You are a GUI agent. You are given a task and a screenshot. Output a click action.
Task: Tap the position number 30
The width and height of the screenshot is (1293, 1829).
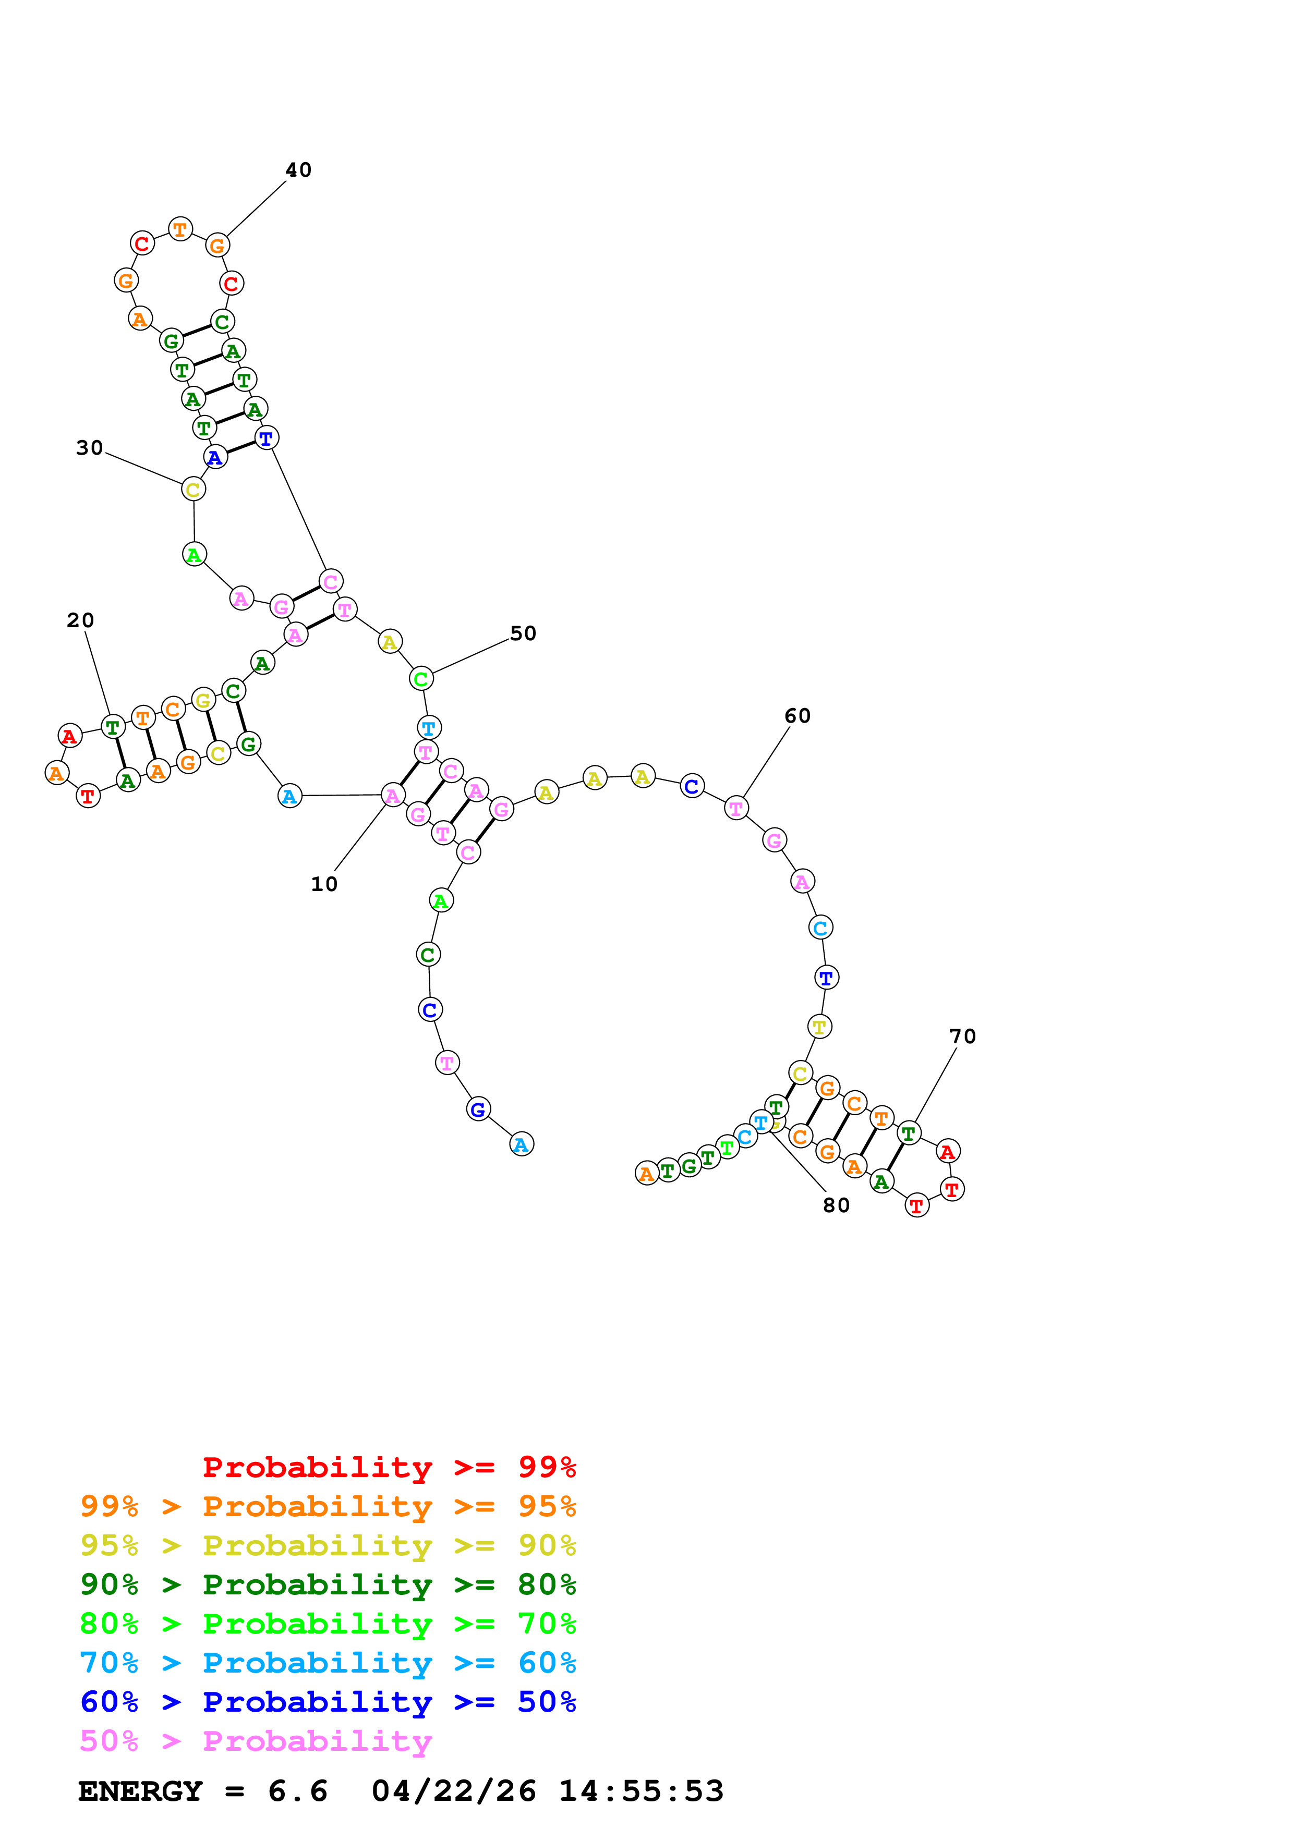(x=89, y=448)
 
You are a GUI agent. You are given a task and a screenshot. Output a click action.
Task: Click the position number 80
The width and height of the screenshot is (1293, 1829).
(x=836, y=1205)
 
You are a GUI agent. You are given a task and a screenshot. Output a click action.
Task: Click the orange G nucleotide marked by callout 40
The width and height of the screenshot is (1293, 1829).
(x=216, y=246)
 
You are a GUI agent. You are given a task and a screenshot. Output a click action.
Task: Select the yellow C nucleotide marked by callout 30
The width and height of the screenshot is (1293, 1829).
(x=193, y=489)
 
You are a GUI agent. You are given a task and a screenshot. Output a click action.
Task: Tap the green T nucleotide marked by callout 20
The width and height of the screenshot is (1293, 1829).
(x=113, y=726)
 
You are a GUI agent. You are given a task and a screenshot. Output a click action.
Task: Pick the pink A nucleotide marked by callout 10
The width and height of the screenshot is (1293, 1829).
(x=393, y=795)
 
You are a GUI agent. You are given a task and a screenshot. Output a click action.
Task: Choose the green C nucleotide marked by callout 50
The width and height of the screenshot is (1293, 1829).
(x=420, y=679)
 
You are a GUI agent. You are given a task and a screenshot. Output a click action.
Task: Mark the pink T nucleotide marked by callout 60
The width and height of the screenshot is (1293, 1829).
(x=736, y=809)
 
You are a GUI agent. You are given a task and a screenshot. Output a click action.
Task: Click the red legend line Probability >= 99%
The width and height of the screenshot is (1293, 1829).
(x=389, y=1467)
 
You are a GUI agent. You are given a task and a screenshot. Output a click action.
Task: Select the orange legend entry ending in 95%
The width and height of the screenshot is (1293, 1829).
(x=328, y=1506)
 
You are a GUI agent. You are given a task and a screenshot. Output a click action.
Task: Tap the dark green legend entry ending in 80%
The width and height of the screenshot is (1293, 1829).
(x=328, y=1584)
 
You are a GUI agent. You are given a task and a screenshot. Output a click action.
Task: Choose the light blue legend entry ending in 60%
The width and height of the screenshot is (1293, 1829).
(x=328, y=1663)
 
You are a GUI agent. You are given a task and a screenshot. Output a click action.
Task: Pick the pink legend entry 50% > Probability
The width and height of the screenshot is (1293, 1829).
(x=255, y=1740)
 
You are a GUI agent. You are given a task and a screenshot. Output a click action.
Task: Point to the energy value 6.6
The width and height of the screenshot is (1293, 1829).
(x=297, y=1791)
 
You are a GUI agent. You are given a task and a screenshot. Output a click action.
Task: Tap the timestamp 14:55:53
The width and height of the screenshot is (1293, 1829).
(x=641, y=1791)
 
